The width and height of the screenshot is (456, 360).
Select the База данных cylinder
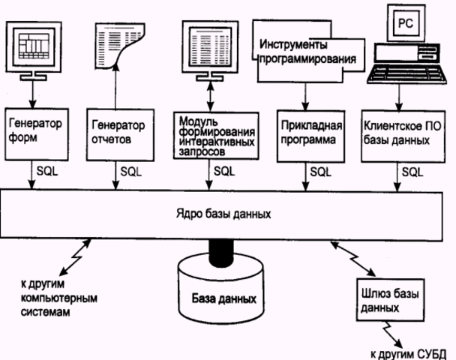[222, 292]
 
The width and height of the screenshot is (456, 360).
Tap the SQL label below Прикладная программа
[318, 171]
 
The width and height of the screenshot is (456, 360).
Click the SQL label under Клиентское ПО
[410, 171]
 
